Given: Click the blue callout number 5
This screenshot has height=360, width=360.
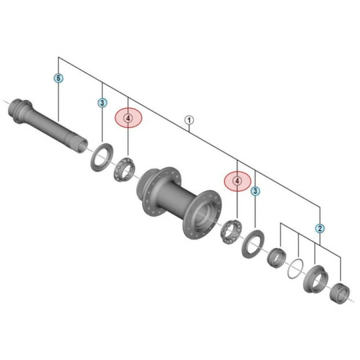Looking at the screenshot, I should [x=59, y=77].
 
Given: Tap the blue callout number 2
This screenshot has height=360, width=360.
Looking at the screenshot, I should [x=319, y=228].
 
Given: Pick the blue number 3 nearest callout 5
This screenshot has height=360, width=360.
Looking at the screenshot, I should [x=102, y=103].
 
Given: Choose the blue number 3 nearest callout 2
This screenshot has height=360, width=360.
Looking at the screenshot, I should [x=255, y=190].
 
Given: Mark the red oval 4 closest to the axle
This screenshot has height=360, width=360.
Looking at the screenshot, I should [x=128, y=118].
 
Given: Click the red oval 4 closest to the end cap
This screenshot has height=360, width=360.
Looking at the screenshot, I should [x=237, y=181].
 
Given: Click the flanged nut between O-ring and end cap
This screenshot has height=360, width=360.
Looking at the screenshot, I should [x=314, y=279].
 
